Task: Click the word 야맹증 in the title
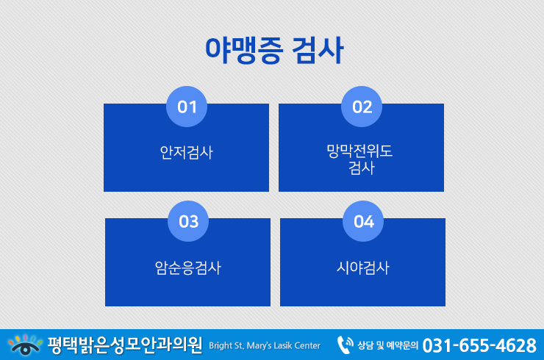coord(244,50)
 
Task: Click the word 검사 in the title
coord(318,50)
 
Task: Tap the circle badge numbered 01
coord(187,107)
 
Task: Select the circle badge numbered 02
coord(362,107)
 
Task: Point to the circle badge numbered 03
coord(188,221)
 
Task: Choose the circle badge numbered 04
coord(363,221)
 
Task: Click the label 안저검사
coord(186,152)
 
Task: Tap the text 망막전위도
coord(359,151)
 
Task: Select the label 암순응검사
coord(187,267)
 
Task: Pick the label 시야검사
coord(363,267)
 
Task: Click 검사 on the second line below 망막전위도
coord(362,168)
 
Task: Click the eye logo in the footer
coord(25,345)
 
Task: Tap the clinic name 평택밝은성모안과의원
coord(125,345)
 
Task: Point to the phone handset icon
coord(345,345)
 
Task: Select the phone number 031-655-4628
coord(479,345)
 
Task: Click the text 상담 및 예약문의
coord(388,345)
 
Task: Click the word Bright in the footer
coord(221,346)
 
